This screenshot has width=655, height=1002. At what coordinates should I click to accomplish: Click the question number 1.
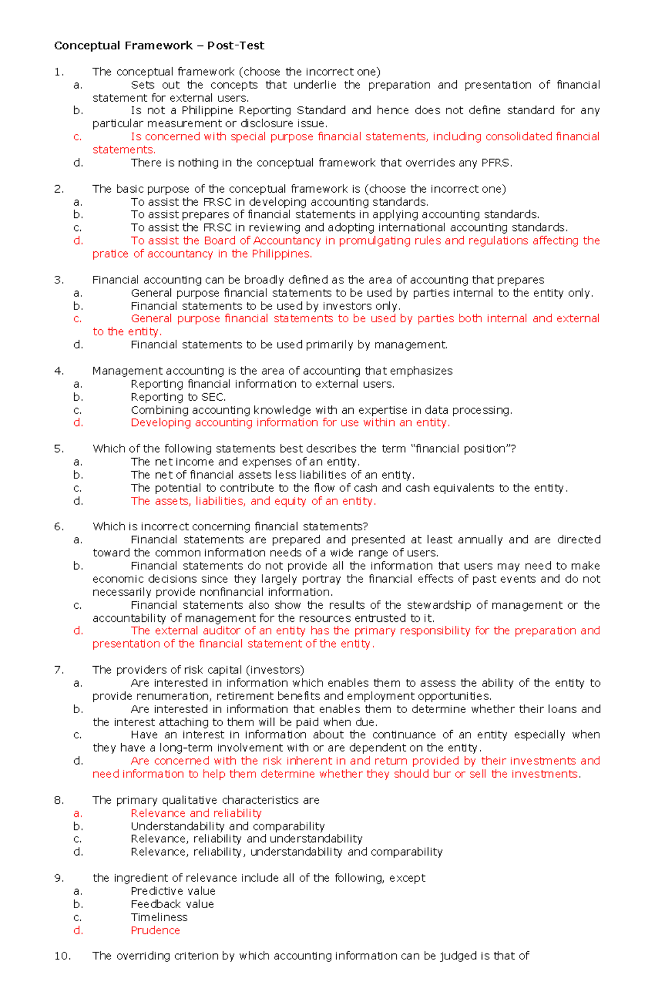[x=59, y=72]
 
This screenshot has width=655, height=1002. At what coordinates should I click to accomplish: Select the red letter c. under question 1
[x=78, y=137]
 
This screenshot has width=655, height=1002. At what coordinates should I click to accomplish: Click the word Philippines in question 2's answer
[x=281, y=254]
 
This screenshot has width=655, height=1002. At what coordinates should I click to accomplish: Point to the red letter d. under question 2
[x=78, y=241]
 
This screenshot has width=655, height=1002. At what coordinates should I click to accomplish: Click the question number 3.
[x=59, y=280]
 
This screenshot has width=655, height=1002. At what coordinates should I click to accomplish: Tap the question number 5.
[x=59, y=449]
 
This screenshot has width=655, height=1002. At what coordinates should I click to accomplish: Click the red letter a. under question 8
[x=78, y=814]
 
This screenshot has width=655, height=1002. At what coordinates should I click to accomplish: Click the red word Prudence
[x=155, y=930]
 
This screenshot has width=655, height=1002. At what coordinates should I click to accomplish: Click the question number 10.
[x=62, y=956]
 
